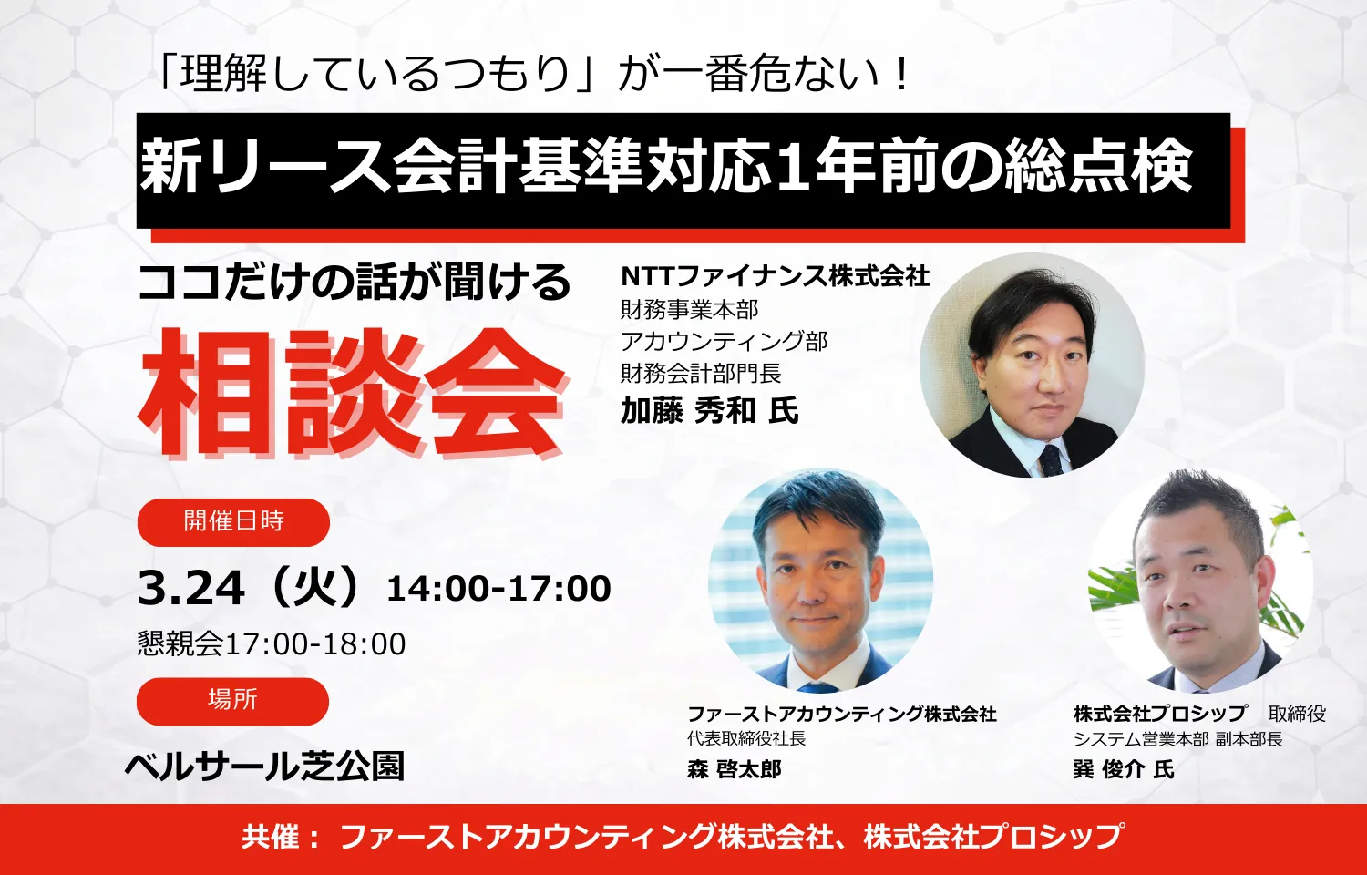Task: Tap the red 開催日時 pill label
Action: point(233,521)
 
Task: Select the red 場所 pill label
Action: point(232,700)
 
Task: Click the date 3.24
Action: point(191,588)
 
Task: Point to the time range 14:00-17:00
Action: point(498,589)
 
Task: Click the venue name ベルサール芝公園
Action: point(264,766)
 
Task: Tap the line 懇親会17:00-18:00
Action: point(272,643)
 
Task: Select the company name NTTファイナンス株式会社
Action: point(775,275)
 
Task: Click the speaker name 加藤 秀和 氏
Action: point(709,411)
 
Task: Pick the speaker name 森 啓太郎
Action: point(735,769)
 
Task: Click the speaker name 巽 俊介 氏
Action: point(1123,769)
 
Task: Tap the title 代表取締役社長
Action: point(746,738)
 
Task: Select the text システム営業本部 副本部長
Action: point(1177,739)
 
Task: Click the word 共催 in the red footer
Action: point(271,837)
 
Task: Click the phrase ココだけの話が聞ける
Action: point(354,283)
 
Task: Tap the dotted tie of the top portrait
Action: point(1051,460)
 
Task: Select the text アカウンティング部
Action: point(724,342)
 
